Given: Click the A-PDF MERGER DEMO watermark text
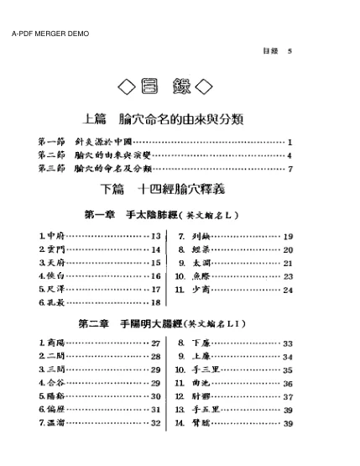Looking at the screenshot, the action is (x=50, y=34).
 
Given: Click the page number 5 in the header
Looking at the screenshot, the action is (x=290, y=51).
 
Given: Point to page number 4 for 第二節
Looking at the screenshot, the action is (x=290, y=155).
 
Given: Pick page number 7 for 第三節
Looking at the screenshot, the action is (x=290, y=169).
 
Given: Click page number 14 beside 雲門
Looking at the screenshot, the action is (x=155, y=250).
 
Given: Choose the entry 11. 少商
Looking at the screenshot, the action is (x=194, y=290).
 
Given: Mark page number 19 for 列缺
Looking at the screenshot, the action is (x=288, y=237).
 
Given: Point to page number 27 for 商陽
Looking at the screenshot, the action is (x=155, y=343).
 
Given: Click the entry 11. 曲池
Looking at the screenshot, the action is (x=194, y=383).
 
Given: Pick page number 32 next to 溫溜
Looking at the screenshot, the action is (x=155, y=422).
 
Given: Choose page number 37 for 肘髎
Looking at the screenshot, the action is (x=288, y=396).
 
